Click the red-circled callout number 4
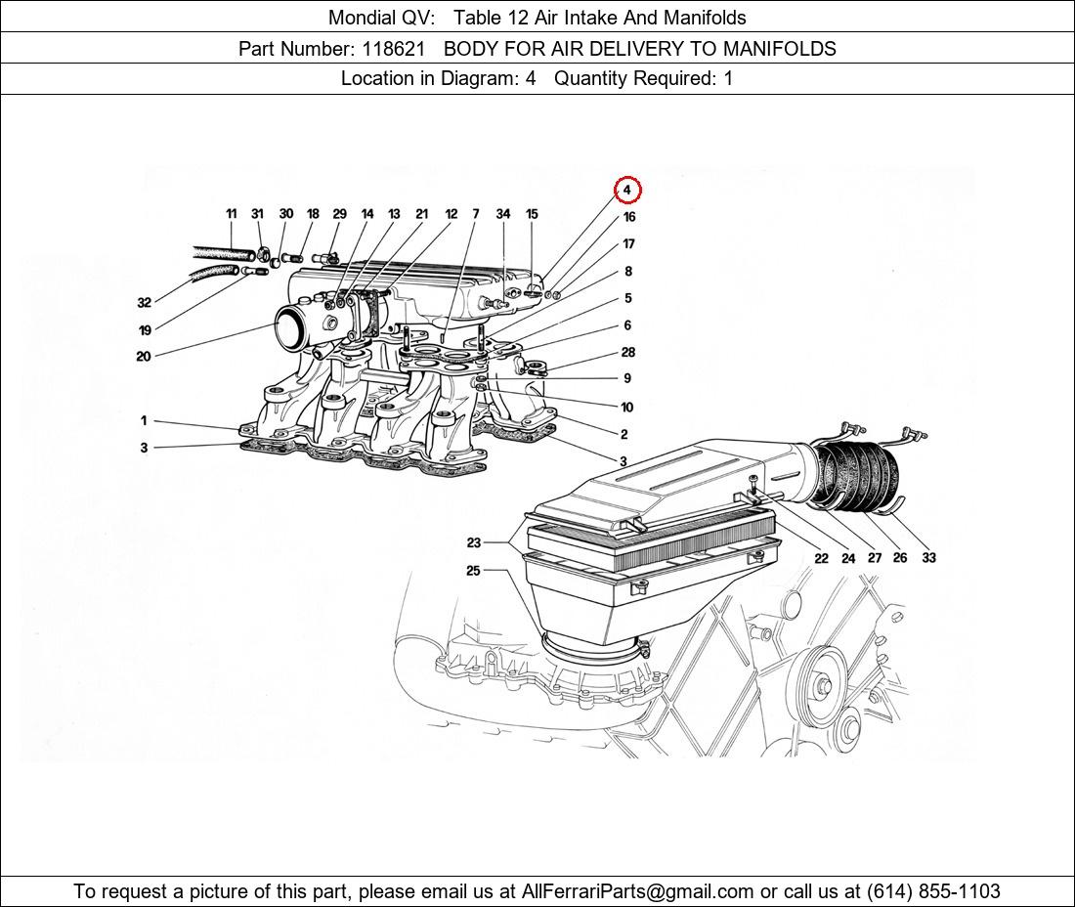627,190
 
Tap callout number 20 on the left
144,357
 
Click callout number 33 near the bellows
927,558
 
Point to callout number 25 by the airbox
473,571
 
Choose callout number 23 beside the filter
474,543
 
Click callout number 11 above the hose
232,214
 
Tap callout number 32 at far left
145,303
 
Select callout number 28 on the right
627,353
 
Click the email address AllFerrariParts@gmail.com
638,891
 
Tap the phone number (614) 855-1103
933,891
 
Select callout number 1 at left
144,421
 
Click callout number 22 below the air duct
821,558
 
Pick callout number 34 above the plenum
503,214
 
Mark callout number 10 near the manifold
626,408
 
